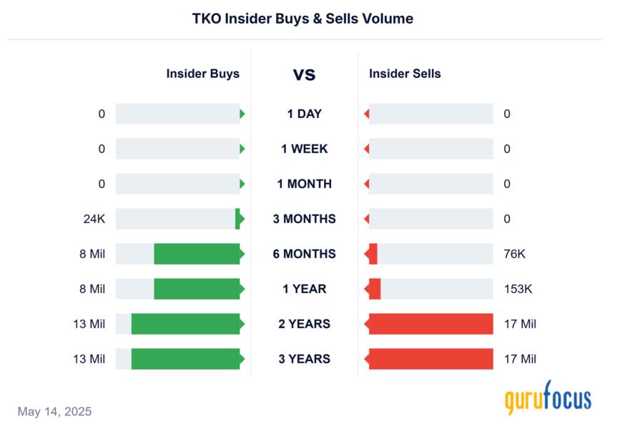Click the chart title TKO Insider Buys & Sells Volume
[x=302, y=19]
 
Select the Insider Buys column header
[x=202, y=74]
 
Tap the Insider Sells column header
[x=405, y=74]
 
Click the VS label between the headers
[x=304, y=74]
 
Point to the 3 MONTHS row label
[x=304, y=219]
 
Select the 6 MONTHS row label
[x=304, y=254]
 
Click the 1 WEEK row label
[x=304, y=149]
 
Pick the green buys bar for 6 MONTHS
[x=197, y=254]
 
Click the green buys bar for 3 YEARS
[x=185, y=359]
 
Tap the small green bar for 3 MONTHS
[x=238, y=219]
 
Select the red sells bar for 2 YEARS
[x=430, y=324]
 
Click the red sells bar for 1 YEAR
[x=374, y=289]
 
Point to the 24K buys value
[x=94, y=219]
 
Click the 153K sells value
[x=517, y=289]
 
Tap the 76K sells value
[x=514, y=254]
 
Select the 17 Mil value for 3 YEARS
[x=520, y=359]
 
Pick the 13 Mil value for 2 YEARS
[x=89, y=324]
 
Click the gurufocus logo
[x=548, y=398]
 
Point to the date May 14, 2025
[x=54, y=412]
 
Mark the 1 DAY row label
[x=304, y=114]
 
